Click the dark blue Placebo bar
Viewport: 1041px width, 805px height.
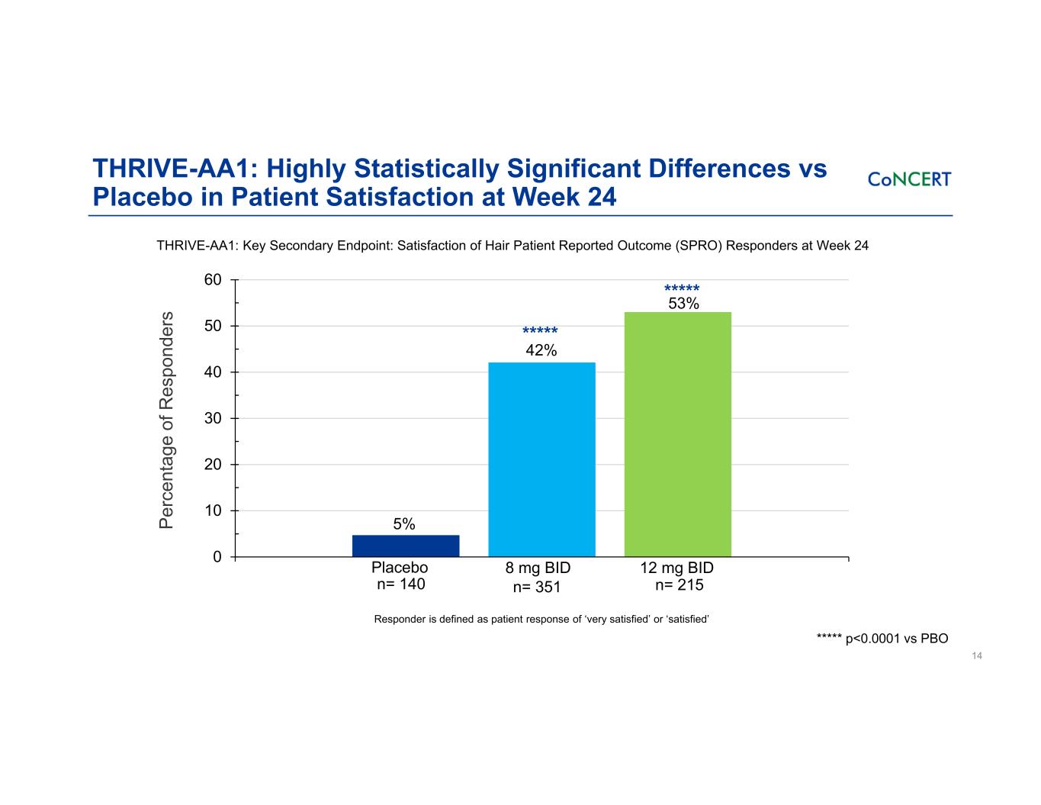tap(406, 546)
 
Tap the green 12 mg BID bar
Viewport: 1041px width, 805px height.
tap(677, 434)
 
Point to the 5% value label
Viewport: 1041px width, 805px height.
tap(404, 524)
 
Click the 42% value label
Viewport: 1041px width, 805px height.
tap(541, 350)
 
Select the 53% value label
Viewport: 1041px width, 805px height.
tap(683, 304)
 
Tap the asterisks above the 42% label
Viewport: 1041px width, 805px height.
tap(540, 331)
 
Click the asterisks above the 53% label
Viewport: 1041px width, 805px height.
tap(682, 289)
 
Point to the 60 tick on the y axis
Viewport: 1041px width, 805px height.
tap(213, 280)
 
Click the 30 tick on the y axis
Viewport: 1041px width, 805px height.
tap(213, 418)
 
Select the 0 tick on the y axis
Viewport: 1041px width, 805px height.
tap(217, 557)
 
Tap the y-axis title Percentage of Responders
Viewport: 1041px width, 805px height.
tap(167, 419)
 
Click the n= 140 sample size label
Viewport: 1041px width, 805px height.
tap(401, 584)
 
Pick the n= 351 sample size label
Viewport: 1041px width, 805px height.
tap(537, 587)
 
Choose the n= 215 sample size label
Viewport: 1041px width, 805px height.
tap(680, 585)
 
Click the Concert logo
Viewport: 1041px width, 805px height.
tap(909, 179)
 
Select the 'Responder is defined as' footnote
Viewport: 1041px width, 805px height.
tap(541, 619)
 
